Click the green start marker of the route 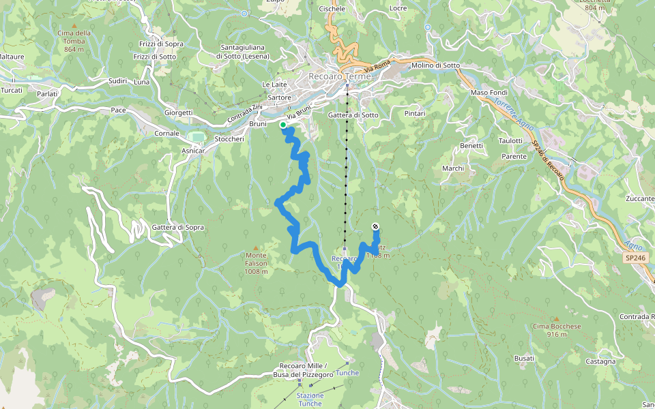coord(283,125)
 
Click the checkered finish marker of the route coord(375,226)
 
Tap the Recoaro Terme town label coord(340,76)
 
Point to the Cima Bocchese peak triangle coord(556,318)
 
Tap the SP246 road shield coord(634,258)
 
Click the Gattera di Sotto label coord(353,115)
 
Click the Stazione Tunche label coord(310,399)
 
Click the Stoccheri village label coord(229,139)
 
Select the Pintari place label coord(415,113)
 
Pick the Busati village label coord(524,358)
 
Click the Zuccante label coord(640,198)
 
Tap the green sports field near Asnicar coord(196,136)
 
